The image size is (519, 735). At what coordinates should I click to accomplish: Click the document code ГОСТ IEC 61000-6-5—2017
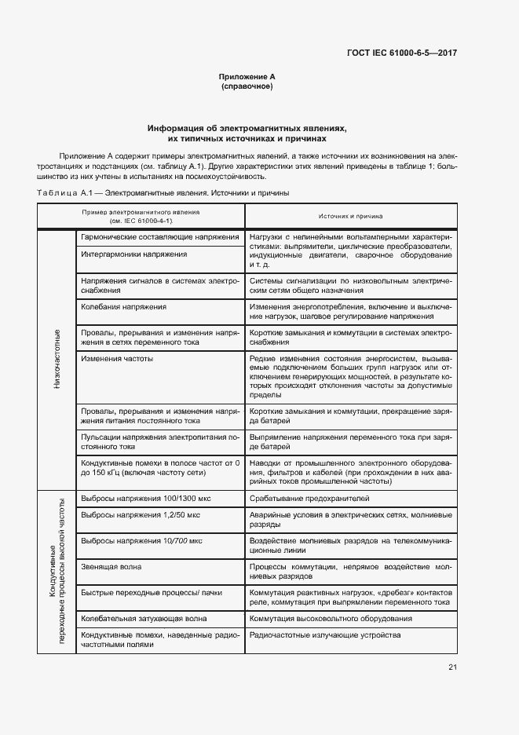pyautogui.click(x=401, y=53)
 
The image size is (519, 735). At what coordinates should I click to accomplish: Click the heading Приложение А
pyautogui.click(x=247, y=77)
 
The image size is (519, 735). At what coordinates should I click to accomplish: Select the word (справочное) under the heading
pyautogui.click(x=247, y=86)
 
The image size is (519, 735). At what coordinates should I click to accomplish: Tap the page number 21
pyautogui.click(x=452, y=667)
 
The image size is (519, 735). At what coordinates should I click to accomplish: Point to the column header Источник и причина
pyautogui.click(x=350, y=214)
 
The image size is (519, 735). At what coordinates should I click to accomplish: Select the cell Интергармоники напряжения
pyautogui.click(x=134, y=254)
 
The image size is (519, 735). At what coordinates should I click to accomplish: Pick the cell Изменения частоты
pyautogui.click(x=117, y=358)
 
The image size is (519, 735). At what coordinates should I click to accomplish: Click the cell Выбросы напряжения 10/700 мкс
pyautogui.click(x=141, y=541)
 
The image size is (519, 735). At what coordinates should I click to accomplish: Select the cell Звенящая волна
pyautogui.click(x=109, y=566)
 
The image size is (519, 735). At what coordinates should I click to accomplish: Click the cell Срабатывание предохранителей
pyautogui.click(x=309, y=498)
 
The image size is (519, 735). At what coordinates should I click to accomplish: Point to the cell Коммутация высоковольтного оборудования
pyautogui.click(x=331, y=618)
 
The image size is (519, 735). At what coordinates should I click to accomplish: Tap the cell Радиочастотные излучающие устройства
pyautogui.click(x=324, y=634)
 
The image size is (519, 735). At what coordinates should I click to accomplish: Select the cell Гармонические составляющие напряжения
pyautogui.click(x=159, y=236)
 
